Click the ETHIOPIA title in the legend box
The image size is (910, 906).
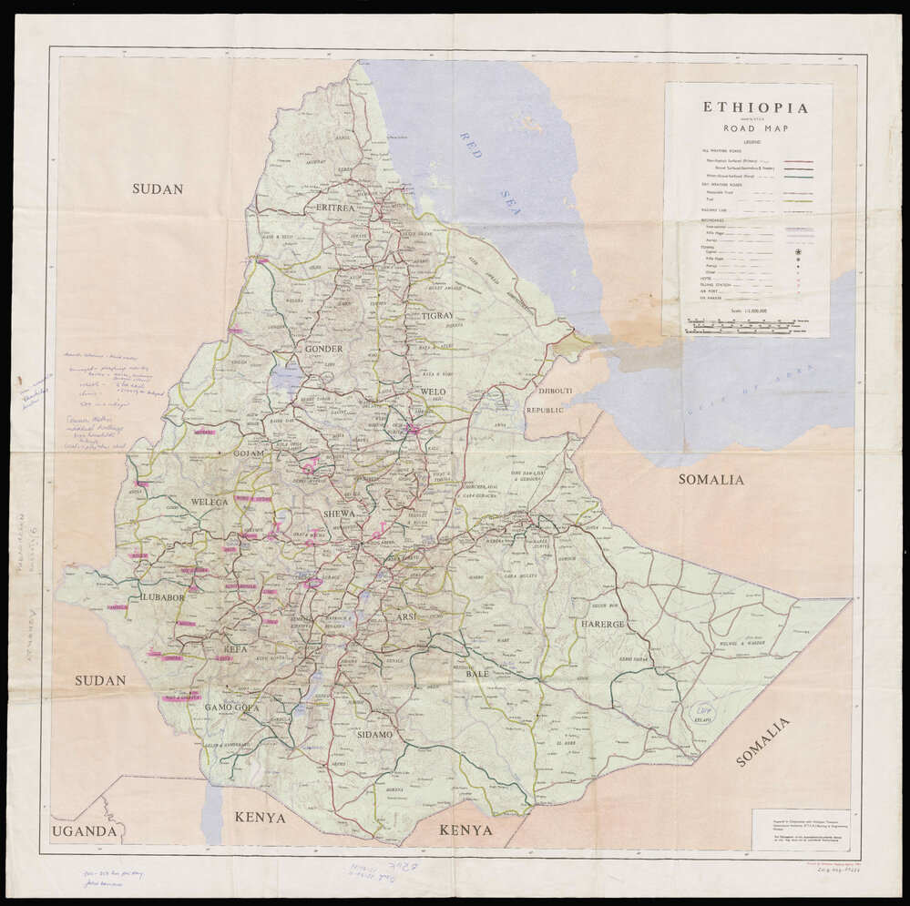(x=754, y=107)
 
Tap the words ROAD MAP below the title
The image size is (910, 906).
(x=754, y=128)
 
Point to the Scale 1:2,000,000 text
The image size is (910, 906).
(x=749, y=310)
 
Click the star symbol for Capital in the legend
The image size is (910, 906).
(x=798, y=249)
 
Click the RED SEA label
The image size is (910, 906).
(x=490, y=173)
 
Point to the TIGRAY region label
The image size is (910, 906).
(x=437, y=316)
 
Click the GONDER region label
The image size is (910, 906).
(x=323, y=349)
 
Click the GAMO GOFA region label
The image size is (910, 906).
(x=232, y=707)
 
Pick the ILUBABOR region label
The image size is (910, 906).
(x=162, y=597)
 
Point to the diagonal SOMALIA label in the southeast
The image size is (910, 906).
(x=763, y=742)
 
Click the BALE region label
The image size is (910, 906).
(x=478, y=675)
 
